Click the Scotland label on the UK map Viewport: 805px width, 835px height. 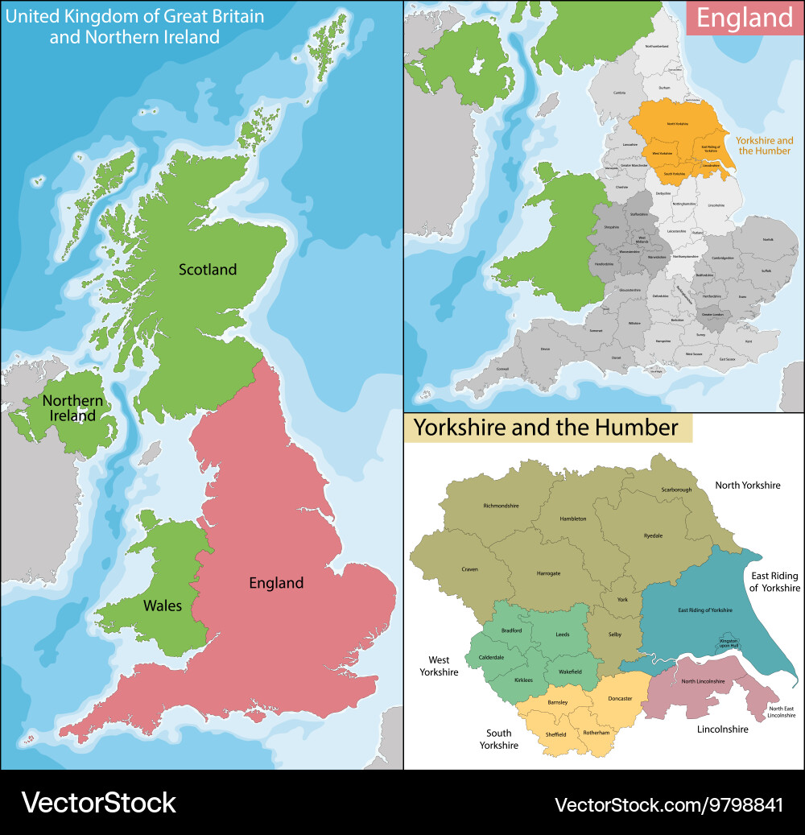(208, 270)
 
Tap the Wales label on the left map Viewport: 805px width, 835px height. (163, 606)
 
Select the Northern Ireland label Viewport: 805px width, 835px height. (72, 408)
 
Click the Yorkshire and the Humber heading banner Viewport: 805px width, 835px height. (547, 428)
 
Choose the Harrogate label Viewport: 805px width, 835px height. (548, 573)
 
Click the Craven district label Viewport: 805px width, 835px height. (469, 569)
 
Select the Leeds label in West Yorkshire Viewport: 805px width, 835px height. (562, 635)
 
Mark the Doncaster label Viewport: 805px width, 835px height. (620, 698)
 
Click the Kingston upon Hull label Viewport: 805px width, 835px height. (729, 643)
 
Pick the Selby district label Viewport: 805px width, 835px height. (614, 635)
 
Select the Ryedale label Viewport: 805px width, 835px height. (653, 535)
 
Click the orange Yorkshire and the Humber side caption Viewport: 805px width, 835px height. (764, 145)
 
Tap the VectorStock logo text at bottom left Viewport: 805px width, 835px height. (98, 803)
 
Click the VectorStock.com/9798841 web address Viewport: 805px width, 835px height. (668, 804)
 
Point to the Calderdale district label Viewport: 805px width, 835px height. (491, 657)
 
